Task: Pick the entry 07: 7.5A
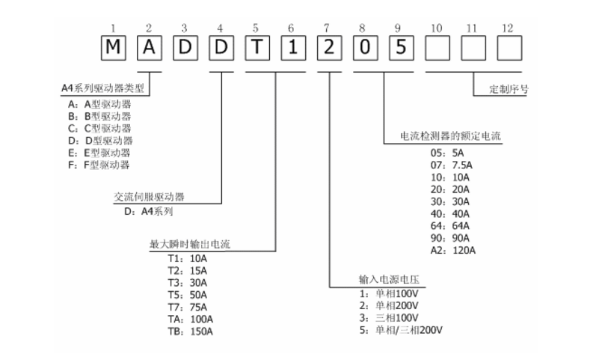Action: (x=446, y=165)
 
